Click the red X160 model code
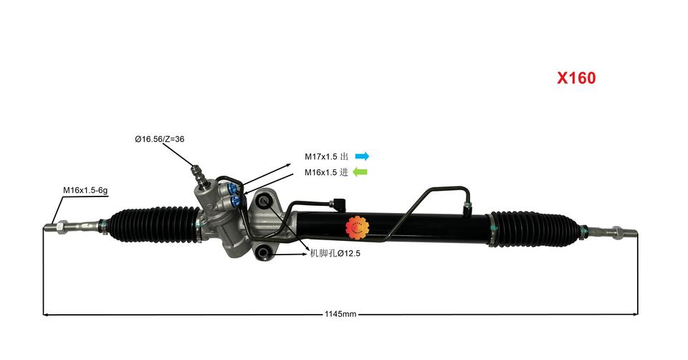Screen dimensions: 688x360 tap(576, 78)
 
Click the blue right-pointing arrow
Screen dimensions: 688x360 tap(362, 156)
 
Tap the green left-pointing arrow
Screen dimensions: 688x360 tap(360, 172)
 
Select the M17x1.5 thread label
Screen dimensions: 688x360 tap(321, 156)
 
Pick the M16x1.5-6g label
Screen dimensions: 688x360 tap(85, 190)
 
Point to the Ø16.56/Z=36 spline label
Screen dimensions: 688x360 tap(159, 138)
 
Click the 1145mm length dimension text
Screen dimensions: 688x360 tap(340, 314)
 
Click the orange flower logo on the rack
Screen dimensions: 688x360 tap(358, 228)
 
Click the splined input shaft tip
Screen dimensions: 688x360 tap(196, 172)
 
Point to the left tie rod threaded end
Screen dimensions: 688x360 tap(52, 228)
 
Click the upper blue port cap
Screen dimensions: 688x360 tap(234, 189)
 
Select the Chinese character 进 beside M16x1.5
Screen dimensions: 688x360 tap(344, 172)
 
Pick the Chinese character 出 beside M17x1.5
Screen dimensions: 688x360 tap(344, 156)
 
